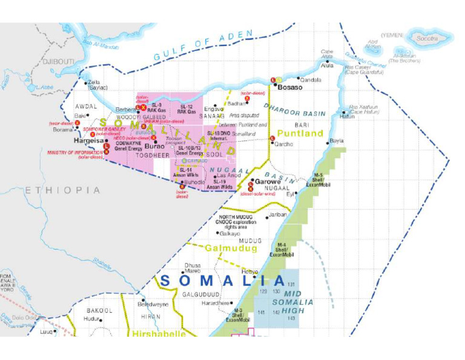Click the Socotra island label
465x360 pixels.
tap(427, 38)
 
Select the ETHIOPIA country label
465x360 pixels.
tap(62, 190)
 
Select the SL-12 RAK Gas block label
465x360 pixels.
tap(187, 109)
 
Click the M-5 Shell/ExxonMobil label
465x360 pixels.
tap(317, 179)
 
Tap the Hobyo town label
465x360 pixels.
tap(249, 272)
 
